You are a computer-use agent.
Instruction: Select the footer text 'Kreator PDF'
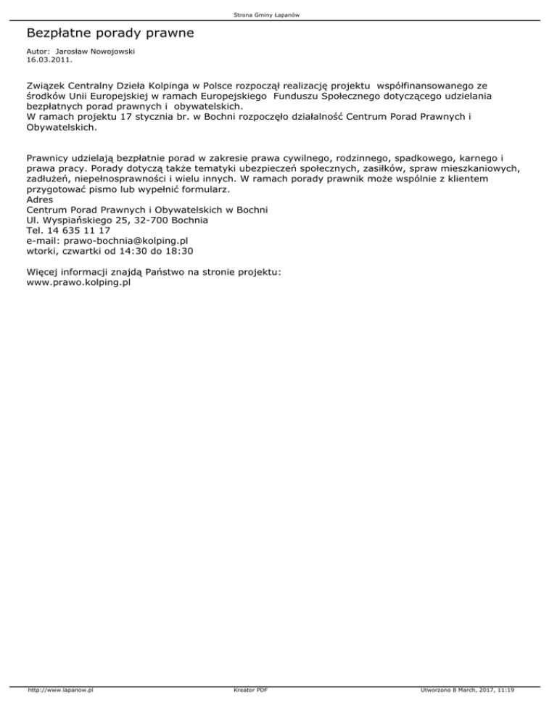pos(247,711)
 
